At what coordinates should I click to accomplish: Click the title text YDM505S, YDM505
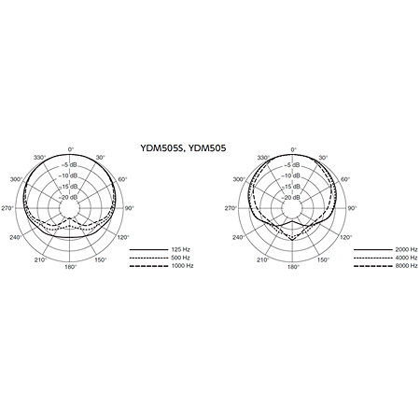click(x=183, y=148)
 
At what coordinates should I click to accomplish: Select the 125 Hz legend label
click(x=180, y=249)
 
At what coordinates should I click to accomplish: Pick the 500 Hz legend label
click(x=180, y=258)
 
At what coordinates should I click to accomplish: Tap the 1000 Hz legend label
click(x=182, y=266)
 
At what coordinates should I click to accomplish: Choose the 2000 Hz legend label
click(x=406, y=249)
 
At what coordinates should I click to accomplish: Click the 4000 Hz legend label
click(x=406, y=258)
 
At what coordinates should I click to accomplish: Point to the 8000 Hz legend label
click(x=406, y=266)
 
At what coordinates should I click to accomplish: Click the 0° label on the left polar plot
click(x=71, y=149)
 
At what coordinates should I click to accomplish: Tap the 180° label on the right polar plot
click(x=293, y=267)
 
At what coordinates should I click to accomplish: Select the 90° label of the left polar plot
click(x=130, y=208)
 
